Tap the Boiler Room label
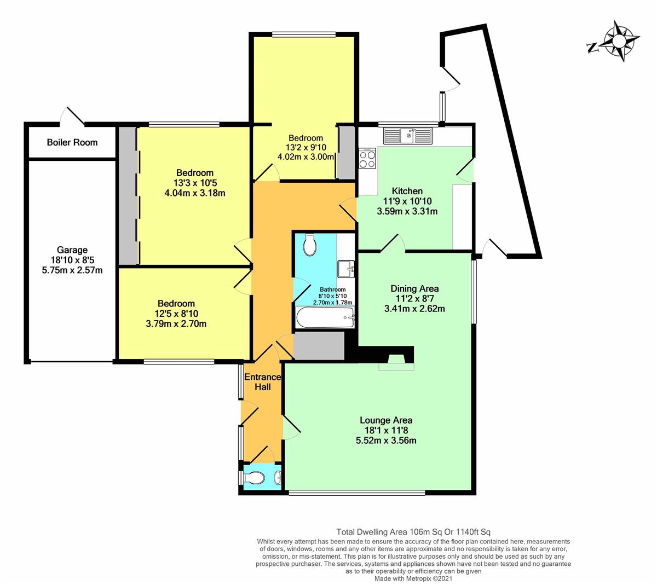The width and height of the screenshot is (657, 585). [x=72, y=142]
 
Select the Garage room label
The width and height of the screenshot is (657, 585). [x=72, y=250]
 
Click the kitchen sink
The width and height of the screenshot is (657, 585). [x=408, y=135]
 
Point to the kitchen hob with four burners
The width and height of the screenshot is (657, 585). [x=367, y=159]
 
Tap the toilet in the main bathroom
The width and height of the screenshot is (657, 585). [x=309, y=245]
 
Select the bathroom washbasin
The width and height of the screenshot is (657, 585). [x=347, y=269]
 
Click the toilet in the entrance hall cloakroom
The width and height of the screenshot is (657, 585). [x=255, y=479]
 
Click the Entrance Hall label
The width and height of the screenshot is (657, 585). [x=262, y=382]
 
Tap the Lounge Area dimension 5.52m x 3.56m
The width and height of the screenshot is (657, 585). [x=385, y=440]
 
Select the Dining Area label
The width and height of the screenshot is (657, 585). [x=414, y=288]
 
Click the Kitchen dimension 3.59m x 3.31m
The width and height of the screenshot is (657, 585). [x=407, y=211]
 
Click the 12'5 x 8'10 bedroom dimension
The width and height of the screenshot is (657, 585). [x=176, y=314]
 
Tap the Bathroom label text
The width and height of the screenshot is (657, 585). [x=332, y=289]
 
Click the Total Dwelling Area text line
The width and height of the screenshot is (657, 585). [x=413, y=531]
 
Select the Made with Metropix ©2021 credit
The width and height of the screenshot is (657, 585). [x=413, y=578]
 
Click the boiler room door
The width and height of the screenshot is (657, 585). [x=73, y=116]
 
